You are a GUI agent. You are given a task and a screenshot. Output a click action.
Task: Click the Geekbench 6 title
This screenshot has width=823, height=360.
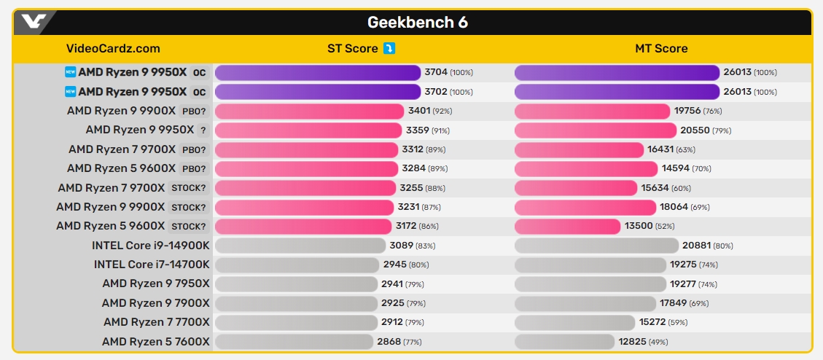point(417,23)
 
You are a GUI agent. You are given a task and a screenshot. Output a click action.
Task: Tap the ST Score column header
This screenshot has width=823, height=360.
point(353,49)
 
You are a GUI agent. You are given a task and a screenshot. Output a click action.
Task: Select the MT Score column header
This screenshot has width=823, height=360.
point(661,49)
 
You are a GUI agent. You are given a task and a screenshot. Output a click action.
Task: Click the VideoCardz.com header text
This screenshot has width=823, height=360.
point(113,49)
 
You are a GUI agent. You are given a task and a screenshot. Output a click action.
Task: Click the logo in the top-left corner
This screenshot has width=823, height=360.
point(34,22)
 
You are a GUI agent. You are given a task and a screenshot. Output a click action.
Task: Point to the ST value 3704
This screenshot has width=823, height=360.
point(436,72)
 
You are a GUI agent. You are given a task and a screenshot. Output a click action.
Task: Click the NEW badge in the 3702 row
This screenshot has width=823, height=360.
point(70,92)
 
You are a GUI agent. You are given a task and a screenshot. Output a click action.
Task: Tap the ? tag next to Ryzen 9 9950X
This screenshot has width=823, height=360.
point(203,130)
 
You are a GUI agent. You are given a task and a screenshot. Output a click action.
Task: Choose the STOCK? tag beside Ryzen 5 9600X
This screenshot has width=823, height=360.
point(189,226)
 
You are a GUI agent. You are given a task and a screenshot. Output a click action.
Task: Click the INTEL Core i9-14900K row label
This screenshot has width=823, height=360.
point(151,246)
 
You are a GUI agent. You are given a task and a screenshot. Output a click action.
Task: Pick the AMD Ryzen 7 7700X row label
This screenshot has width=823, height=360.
point(156,321)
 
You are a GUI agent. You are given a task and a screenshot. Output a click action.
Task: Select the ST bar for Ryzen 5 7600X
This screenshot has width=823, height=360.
point(294,341)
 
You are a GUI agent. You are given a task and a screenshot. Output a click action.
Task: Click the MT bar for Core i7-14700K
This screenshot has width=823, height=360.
point(590,265)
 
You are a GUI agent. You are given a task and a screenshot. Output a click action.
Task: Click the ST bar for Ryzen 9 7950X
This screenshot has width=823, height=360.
point(297,283)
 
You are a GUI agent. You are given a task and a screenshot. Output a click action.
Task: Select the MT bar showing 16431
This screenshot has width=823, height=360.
point(579,149)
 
